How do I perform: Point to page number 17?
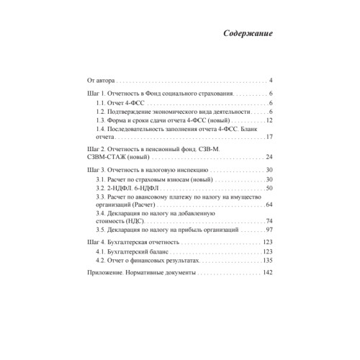268,137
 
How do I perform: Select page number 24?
268,156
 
